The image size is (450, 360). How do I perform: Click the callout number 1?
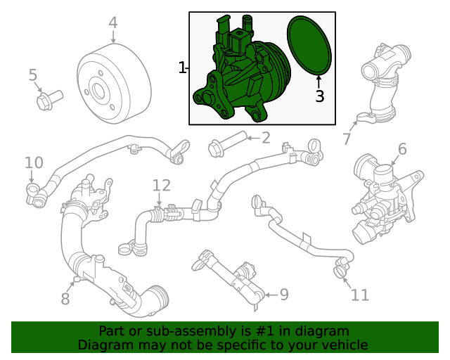(x=182, y=67)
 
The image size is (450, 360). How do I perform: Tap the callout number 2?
(x=265, y=137)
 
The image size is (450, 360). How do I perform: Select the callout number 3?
(x=320, y=96)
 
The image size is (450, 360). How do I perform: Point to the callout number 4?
(x=113, y=22)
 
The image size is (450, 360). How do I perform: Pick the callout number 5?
(x=32, y=75)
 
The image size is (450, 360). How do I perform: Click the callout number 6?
(x=402, y=148)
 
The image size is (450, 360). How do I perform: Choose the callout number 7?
(x=347, y=139)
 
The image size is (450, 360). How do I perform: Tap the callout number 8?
(x=65, y=299)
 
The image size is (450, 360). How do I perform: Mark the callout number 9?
(x=284, y=294)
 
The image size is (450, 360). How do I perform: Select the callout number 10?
(x=34, y=163)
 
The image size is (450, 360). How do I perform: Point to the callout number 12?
(x=162, y=185)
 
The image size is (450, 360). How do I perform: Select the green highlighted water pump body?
(x=239, y=77)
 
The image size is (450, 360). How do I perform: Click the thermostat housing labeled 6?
(x=383, y=197)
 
